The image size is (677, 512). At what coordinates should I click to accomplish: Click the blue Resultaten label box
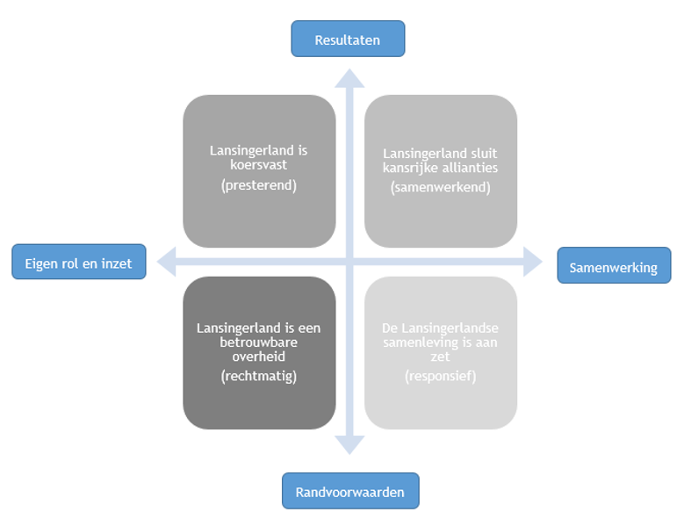click(348, 40)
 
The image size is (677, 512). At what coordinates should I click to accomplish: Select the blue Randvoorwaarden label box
click(350, 491)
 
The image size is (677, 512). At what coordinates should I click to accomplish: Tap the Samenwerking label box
click(613, 267)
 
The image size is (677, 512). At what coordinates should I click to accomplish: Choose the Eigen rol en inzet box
click(78, 263)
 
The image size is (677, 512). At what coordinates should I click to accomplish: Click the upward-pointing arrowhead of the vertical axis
click(349, 76)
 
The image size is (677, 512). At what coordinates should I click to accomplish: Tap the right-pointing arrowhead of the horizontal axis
click(532, 260)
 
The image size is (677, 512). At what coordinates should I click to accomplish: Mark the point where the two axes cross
click(349, 260)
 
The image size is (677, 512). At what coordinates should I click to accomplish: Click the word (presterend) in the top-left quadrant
click(258, 186)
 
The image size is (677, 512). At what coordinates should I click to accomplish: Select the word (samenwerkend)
click(440, 187)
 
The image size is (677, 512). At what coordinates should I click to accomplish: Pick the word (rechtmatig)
click(258, 376)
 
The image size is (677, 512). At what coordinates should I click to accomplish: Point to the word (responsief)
click(440, 376)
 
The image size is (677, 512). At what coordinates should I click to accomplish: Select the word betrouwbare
click(258, 343)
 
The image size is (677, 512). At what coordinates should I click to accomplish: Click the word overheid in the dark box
click(258, 357)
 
